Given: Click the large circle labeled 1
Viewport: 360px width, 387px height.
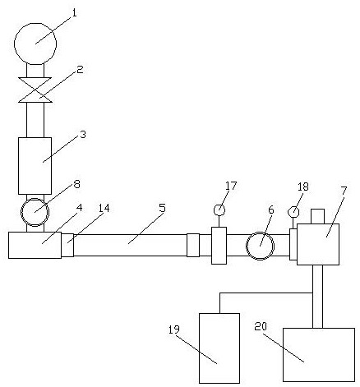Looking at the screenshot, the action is pyautogui.click(x=35, y=44).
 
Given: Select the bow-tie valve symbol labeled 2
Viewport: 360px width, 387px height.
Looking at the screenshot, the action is pyautogui.click(x=35, y=90).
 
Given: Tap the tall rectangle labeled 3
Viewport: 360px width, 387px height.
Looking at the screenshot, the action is pyautogui.click(x=35, y=166).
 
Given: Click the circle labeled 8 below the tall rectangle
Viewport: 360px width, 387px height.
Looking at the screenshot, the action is pyautogui.click(x=35, y=212).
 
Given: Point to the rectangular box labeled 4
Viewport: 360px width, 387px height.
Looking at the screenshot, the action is pyautogui.click(x=35, y=245).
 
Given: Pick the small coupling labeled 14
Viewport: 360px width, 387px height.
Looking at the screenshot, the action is pyautogui.click(x=67, y=245).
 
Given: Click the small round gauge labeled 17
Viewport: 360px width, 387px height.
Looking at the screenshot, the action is pyautogui.click(x=219, y=210).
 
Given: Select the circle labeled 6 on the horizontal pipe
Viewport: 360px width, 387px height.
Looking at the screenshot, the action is pyautogui.click(x=260, y=246).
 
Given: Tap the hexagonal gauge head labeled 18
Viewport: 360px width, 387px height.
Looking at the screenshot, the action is pyautogui.click(x=293, y=212).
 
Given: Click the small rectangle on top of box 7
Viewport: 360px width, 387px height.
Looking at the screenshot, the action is pyautogui.click(x=318, y=216).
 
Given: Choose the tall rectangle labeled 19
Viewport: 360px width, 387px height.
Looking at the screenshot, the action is pyautogui.click(x=219, y=348).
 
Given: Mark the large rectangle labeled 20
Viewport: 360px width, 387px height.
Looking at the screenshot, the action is pyautogui.click(x=319, y=355).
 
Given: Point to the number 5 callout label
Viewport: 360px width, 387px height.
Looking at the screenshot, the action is pyautogui.click(x=163, y=208).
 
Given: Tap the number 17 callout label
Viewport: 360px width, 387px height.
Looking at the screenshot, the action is pyautogui.click(x=231, y=186).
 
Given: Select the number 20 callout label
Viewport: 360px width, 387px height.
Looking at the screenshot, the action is pyautogui.click(x=261, y=326).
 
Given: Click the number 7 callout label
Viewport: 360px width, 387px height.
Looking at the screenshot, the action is pyautogui.click(x=344, y=191).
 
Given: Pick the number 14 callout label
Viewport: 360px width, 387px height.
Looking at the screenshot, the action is pyautogui.click(x=104, y=208).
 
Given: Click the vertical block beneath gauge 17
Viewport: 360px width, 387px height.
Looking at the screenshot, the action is pyautogui.click(x=219, y=246).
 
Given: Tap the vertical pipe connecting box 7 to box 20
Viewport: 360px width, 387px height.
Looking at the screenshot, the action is pyautogui.click(x=318, y=297).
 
